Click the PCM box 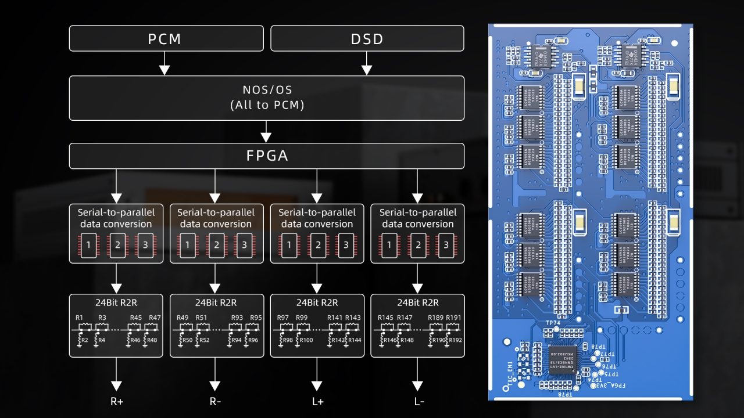[164, 38]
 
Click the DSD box [367, 38]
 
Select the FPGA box [266, 156]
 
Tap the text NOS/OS [267, 90]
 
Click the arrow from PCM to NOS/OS [164, 63]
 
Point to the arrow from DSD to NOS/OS [367, 63]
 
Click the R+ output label [116, 401]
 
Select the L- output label [418, 401]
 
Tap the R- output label [215, 401]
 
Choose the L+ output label [317, 401]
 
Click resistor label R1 [80, 318]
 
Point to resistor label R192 [455, 340]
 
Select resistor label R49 [183, 318]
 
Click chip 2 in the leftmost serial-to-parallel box [116, 246]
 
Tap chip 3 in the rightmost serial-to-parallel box [446, 246]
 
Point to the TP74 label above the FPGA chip [553, 323]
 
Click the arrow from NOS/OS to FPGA [266, 132]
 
